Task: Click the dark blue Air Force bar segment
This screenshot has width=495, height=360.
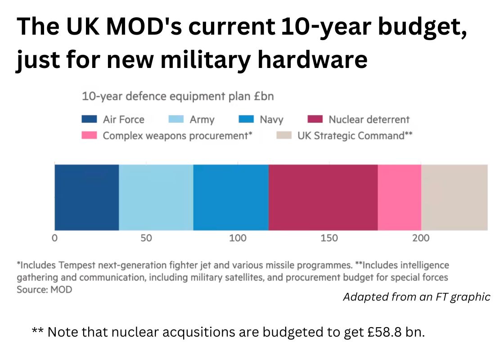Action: click(86, 197)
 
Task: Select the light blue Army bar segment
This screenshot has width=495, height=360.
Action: click(156, 197)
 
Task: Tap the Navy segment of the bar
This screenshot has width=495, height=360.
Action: click(231, 197)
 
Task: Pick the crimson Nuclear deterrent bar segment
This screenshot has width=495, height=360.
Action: click(323, 197)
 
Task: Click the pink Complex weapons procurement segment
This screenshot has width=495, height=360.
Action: click(399, 197)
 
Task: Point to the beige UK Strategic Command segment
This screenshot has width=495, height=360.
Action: click(454, 197)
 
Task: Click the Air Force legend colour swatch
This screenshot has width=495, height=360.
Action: click(89, 119)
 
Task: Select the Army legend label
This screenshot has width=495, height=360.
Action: click(202, 120)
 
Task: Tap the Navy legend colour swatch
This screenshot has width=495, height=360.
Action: click(246, 119)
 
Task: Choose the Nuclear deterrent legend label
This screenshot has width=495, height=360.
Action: click(369, 120)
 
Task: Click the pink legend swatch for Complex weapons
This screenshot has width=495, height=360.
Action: click(89, 135)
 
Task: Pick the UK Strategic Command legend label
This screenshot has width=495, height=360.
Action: click(355, 135)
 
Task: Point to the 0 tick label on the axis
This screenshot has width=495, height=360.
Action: click(54, 238)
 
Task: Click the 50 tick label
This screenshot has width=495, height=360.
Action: click(146, 238)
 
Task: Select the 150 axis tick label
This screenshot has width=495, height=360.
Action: click(329, 238)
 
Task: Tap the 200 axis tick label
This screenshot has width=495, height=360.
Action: click(421, 238)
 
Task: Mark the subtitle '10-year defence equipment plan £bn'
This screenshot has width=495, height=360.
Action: click(178, 96)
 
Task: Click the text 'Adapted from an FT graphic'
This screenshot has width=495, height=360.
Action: click(416, 297)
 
